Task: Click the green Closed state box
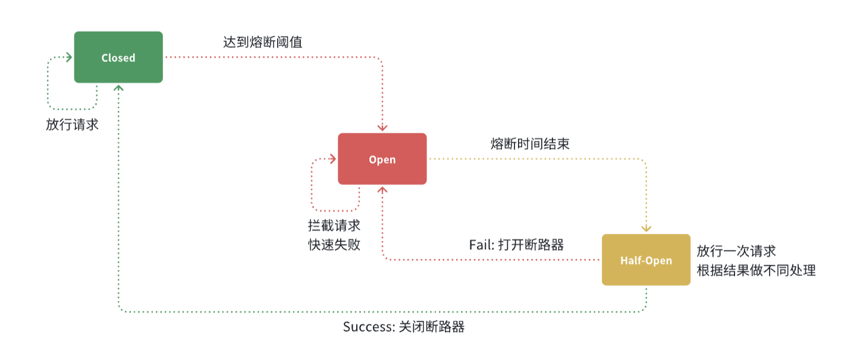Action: pyautogui.click(x=118, y=57)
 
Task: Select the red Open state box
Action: pyautogui.click(x=382, y=159)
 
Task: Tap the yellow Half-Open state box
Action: pyautogui.click(x=646, y=260)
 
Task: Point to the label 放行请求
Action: pyautogui.click(x=72, y=125)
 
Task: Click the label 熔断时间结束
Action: pyautogui.click(x=530, y=143)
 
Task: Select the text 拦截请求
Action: pyautogui.click(x=334, y=227)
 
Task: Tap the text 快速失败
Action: pyautogui.click(x=334, y=245)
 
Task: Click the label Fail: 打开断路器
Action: pyautogui.click(x=516, y=245)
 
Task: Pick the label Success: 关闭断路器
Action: pyautogui.click(x=403, y=327)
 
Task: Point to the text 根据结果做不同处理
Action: pyautogui.click(x=756, y=270)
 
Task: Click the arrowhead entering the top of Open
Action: pyautogui.click(x=382, y=128)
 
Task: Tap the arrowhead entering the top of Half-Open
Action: pyautogui.click(x=646, y=228)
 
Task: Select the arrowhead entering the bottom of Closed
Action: pyautogui.click(x=119, y=87)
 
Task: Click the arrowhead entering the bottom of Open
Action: pyautogui.click(x=382, y=189)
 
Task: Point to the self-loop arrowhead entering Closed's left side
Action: pyautogui.click(x=69, y=57)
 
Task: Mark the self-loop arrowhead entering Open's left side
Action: pyautogui.click(x=333, y=159)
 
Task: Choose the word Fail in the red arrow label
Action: pyautogui.click(x=480, y=245)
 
